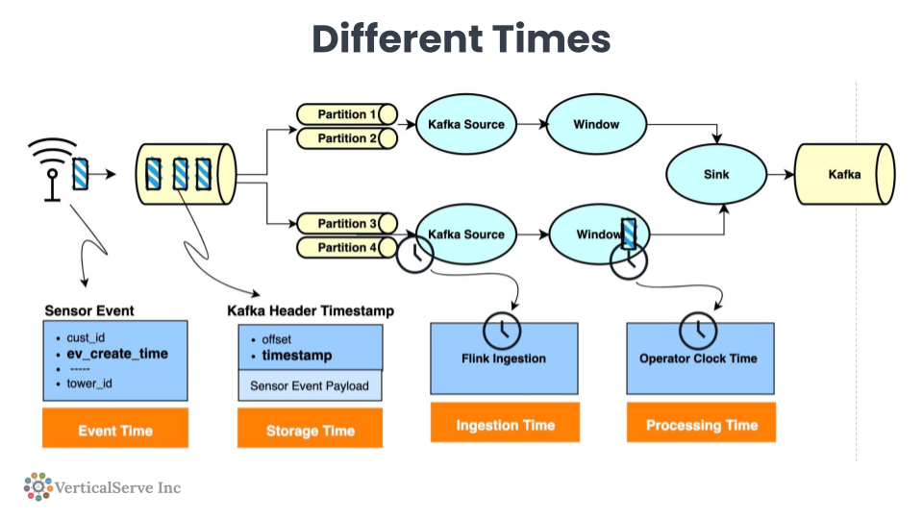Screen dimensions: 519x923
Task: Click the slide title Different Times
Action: click(x=461, y=39)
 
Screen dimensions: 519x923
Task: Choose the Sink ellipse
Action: click(x=716, y=175)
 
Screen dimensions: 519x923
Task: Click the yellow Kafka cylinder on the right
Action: click(x=844, y=175)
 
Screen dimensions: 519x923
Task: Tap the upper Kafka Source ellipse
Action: click(x=465, y=124)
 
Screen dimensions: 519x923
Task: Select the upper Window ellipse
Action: click(x=596, y=124)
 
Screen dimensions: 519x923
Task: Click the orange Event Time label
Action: click(x=115, y=431)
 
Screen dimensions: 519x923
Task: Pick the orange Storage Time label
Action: click(x=310, y=431)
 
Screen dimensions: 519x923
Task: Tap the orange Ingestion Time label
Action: click(x=505, y=425)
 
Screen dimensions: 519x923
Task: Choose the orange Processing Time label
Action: click(x=701, y=425)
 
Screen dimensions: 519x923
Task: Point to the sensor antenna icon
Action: click(x=49, y=167)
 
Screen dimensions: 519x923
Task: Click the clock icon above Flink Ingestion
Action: click(x=501, y=331)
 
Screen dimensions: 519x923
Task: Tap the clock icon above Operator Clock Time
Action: click(x=698, y=331)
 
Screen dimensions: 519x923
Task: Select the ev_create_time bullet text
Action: click(x=117, y=354)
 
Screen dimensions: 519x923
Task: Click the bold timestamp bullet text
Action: click(x=297, y=356)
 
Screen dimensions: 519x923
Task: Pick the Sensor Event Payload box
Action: click(x=310, y=386)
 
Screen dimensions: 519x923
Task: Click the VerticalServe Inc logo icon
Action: click(x=37, y=486)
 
